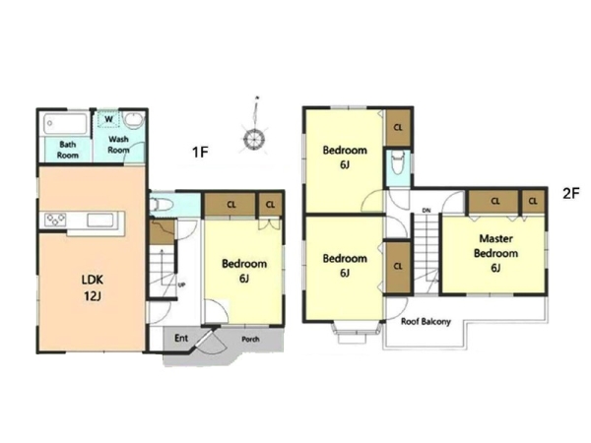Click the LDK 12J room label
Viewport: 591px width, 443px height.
(x=93, y=287)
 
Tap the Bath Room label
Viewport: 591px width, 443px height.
(x=68, y=150)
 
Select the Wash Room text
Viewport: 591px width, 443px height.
(x=119, y=145)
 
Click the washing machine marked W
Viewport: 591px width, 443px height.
(x=109, y=119)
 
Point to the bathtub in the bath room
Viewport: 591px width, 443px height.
(x=66, y=124)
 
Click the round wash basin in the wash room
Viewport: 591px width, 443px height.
(x=134, y=120)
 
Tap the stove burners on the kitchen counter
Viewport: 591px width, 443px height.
(x=55, y=220)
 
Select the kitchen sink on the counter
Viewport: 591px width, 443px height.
(x=100, y=220)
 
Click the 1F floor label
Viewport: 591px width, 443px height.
(x=200, y=153)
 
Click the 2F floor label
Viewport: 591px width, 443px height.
(x=570, y=194)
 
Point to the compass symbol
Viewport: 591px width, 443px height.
(x=254, y=128)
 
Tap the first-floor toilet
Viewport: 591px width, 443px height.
(x=161, y=205)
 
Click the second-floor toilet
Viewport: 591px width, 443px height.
(x=398, y=162)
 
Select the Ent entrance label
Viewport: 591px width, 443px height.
(x=181, y=338)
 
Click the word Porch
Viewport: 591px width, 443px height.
(x=250, y=339)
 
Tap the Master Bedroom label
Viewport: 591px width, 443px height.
(x=496, y=253)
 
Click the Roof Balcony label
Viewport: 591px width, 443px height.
(x=426, y=322)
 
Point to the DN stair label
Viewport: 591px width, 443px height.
(x=427, y=211)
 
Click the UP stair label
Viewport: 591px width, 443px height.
(x=181, y=285)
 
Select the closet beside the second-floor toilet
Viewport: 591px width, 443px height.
(x=398, y=127)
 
